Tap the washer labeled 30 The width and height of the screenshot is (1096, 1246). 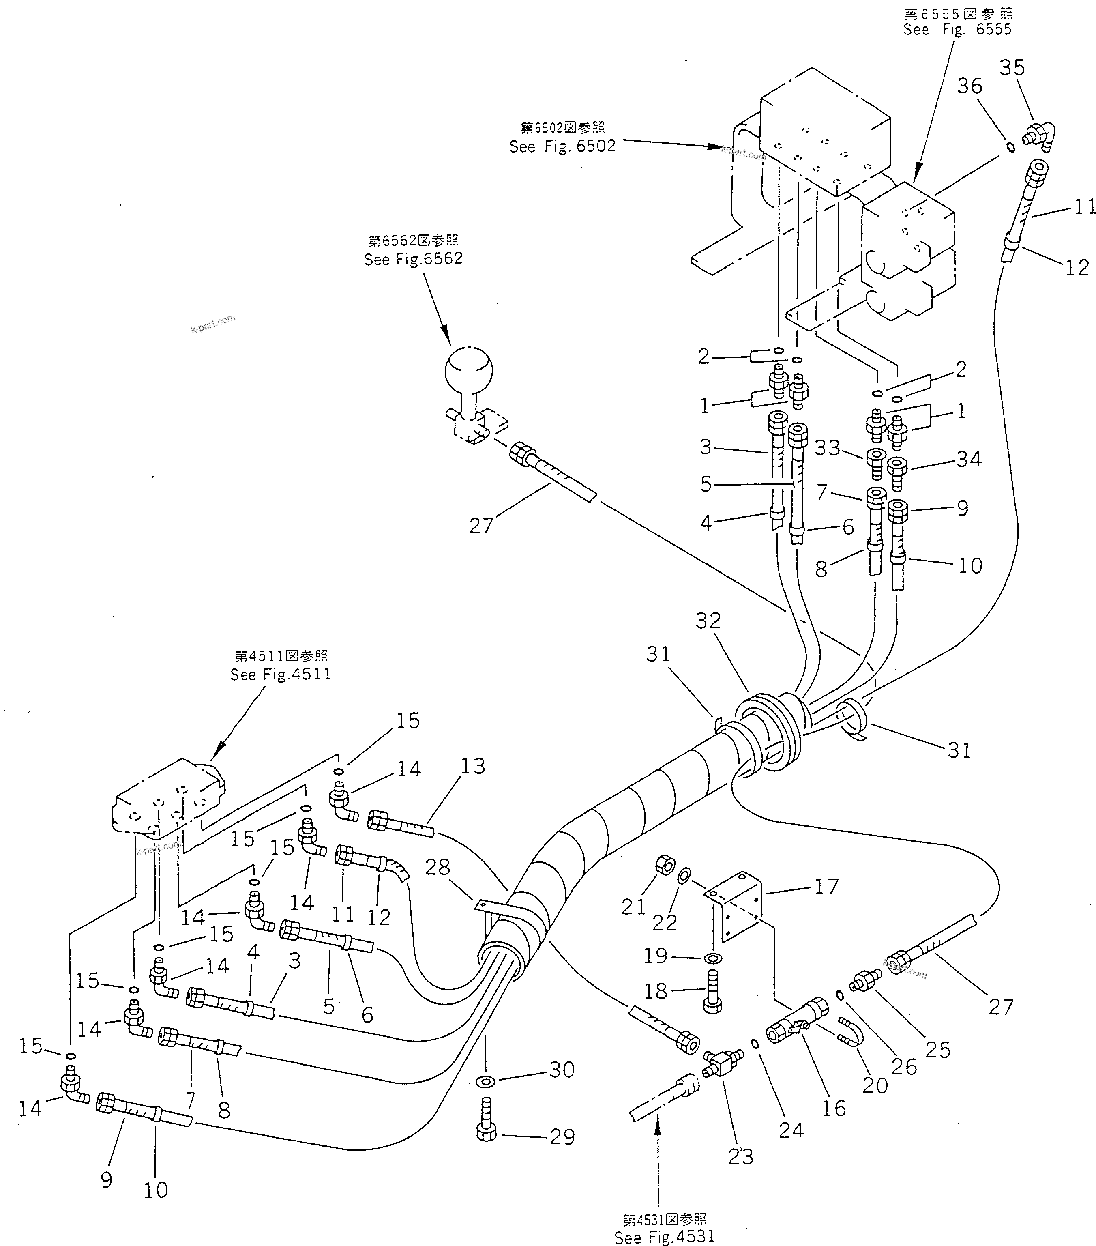tap(486, 1081)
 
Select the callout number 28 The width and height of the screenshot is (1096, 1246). tap(437, 866)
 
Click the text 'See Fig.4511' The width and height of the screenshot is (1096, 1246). tap(281, 674)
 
